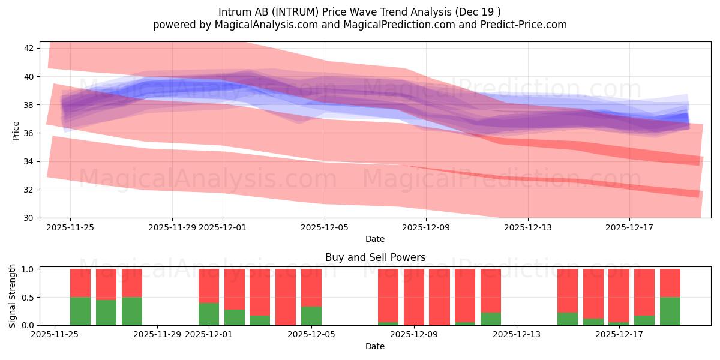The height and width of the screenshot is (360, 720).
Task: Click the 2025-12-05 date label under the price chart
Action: point(325,227)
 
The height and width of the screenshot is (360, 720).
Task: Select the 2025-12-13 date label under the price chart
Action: point(528,227)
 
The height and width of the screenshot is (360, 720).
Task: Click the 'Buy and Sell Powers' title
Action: point(375,257)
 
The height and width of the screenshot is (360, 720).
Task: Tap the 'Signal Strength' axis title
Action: point(13,296)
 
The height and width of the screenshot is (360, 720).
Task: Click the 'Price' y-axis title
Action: point(16,130)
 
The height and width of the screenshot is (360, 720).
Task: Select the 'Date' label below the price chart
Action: point(375,239)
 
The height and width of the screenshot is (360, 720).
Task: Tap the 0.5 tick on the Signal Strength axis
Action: point(28,298)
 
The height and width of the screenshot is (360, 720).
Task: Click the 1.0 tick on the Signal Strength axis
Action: point(28,269)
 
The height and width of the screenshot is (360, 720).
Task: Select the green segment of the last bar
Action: point(670,311)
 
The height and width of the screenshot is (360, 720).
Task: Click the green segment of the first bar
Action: point(80,311)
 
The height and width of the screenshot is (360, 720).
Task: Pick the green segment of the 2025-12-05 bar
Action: point(311,316)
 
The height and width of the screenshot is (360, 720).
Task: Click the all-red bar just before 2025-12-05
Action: point(286,297)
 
